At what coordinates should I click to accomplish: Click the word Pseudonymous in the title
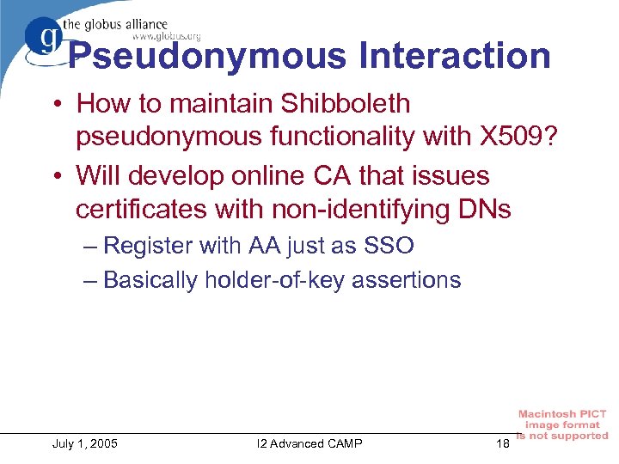pos(206,57)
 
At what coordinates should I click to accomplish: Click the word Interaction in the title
pos(456,57)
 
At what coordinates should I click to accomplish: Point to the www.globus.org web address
pos(166,36)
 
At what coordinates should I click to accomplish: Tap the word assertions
pos(411,280)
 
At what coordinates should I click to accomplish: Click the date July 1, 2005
pos(85,443)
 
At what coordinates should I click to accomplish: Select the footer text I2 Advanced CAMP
pos(309,443)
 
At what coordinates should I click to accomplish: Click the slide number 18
pos(503,443)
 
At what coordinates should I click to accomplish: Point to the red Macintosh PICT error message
pos(562,424)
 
